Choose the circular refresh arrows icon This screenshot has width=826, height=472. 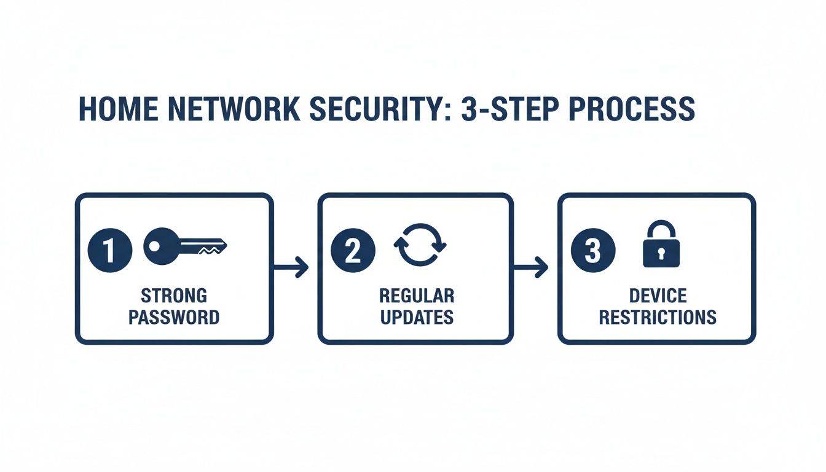coord(420,244)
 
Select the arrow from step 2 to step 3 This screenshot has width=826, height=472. coord(530,267)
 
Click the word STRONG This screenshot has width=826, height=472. coord(174,296)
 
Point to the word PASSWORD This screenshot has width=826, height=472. coord(174,317)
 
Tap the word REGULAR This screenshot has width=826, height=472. coord(416,296)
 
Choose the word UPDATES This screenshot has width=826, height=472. coord(416,317)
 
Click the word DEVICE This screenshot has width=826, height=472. coord(658,296)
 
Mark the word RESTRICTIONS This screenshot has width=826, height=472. coord(658,317)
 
